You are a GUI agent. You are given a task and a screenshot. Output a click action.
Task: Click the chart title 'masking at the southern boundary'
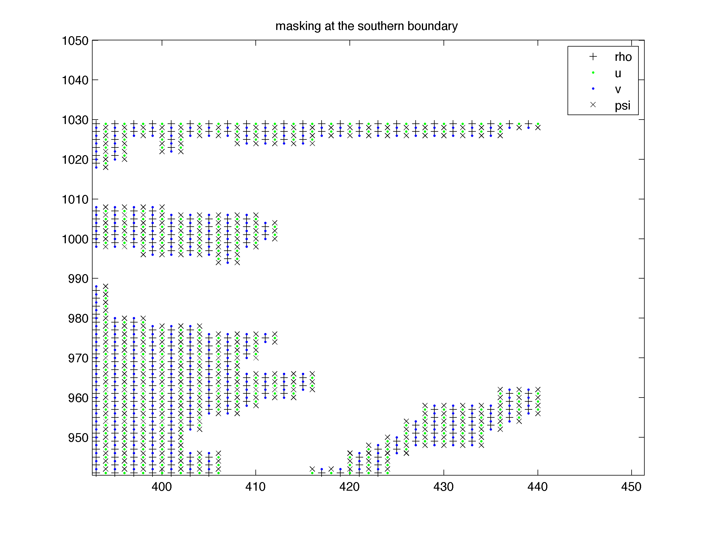366,26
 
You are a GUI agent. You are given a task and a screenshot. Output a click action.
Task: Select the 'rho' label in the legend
623,57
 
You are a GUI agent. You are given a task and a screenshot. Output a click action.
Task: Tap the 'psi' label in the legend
622,106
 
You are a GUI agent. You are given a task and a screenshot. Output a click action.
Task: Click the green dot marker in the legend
593,73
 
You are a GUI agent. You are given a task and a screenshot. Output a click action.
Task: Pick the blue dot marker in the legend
593,89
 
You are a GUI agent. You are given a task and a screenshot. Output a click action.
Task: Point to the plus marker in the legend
593,57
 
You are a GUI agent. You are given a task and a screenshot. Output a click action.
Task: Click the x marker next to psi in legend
593,105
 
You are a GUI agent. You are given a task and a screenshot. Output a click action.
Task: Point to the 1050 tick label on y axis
75,41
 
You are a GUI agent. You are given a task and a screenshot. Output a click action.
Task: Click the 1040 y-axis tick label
75,80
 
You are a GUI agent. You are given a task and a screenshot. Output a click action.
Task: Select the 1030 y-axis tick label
75,120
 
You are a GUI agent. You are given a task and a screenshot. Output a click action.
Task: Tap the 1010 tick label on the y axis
75,200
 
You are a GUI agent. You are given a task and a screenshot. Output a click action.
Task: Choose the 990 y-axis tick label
78,279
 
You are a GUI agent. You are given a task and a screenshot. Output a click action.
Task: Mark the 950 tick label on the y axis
78,438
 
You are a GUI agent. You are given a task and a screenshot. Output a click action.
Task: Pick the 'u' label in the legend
618,73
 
